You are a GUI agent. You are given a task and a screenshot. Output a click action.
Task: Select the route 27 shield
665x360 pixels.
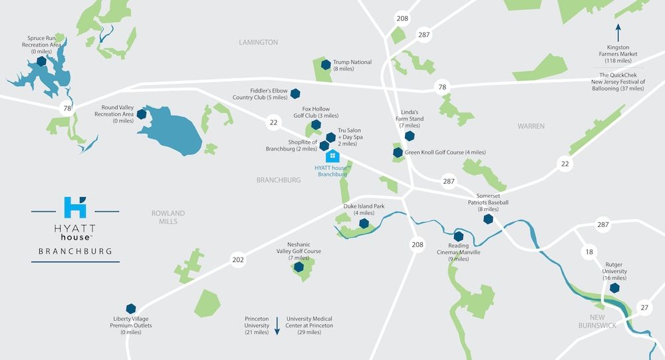(x=643, y=307)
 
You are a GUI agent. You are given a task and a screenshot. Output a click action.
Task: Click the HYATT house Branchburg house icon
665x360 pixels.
(x=332, y=156)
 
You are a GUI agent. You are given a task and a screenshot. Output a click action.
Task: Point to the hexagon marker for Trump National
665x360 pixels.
(x=326, y=65)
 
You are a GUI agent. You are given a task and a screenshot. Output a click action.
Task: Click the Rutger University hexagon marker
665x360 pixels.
(x=614, y=288)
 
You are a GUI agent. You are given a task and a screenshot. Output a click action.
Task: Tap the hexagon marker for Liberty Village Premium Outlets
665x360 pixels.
(x=132, y=308)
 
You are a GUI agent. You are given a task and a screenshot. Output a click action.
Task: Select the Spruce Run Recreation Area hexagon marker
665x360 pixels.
(x=41, y=61)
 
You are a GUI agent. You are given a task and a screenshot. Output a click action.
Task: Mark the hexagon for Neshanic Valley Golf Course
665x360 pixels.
(x=299, y=267)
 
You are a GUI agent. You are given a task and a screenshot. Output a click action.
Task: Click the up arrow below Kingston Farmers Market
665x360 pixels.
(x=618, y=31)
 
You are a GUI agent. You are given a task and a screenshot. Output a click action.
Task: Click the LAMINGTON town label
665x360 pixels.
(x=258, y=43)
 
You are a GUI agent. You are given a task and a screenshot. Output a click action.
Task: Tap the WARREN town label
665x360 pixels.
(x=531, y=126)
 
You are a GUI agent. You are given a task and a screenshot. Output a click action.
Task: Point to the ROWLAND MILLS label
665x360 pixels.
(x=168, y=217)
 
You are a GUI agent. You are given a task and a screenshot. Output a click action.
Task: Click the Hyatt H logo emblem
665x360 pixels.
(x=75, y=208)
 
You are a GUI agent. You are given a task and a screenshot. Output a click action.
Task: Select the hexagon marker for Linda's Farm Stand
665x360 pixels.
(x=410, y=136)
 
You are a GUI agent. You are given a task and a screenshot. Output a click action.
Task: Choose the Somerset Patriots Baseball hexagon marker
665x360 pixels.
(x=488, y=218)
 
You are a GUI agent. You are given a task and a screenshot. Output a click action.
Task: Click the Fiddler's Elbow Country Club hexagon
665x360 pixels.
(x=295, y=94)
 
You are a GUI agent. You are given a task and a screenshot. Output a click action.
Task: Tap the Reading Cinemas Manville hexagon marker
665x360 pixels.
(x=458, y=236)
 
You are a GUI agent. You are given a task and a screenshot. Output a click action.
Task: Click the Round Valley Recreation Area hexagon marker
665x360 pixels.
(x=142, y=114)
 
